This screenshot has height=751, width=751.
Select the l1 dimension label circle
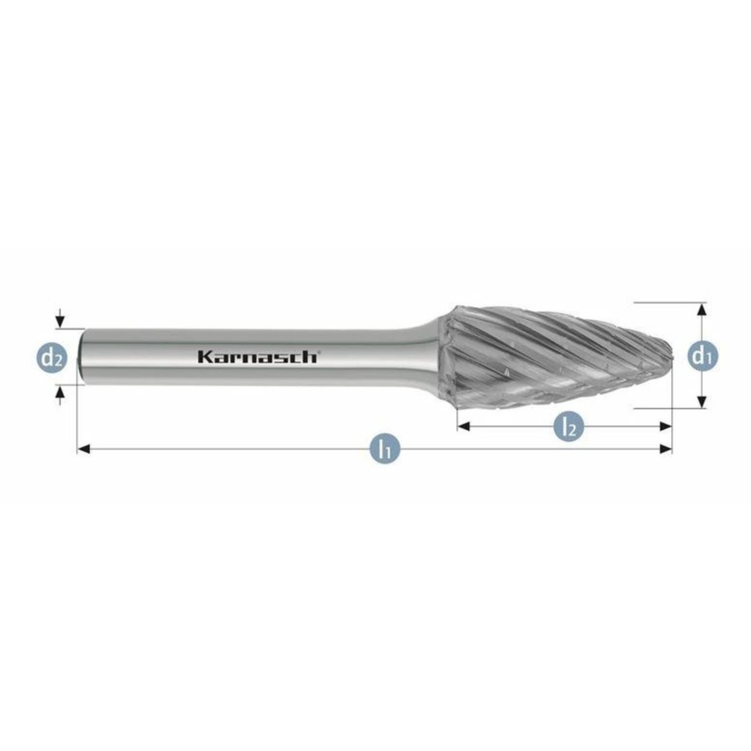382,448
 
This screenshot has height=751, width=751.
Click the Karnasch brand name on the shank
258,357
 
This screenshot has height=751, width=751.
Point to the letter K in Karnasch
204,357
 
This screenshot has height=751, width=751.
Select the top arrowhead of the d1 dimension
702,309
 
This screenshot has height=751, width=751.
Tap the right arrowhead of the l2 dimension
665,427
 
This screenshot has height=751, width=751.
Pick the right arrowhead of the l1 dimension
665,449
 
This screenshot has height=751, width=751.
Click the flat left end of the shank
81,356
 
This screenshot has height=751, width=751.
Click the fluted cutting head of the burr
545,356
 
